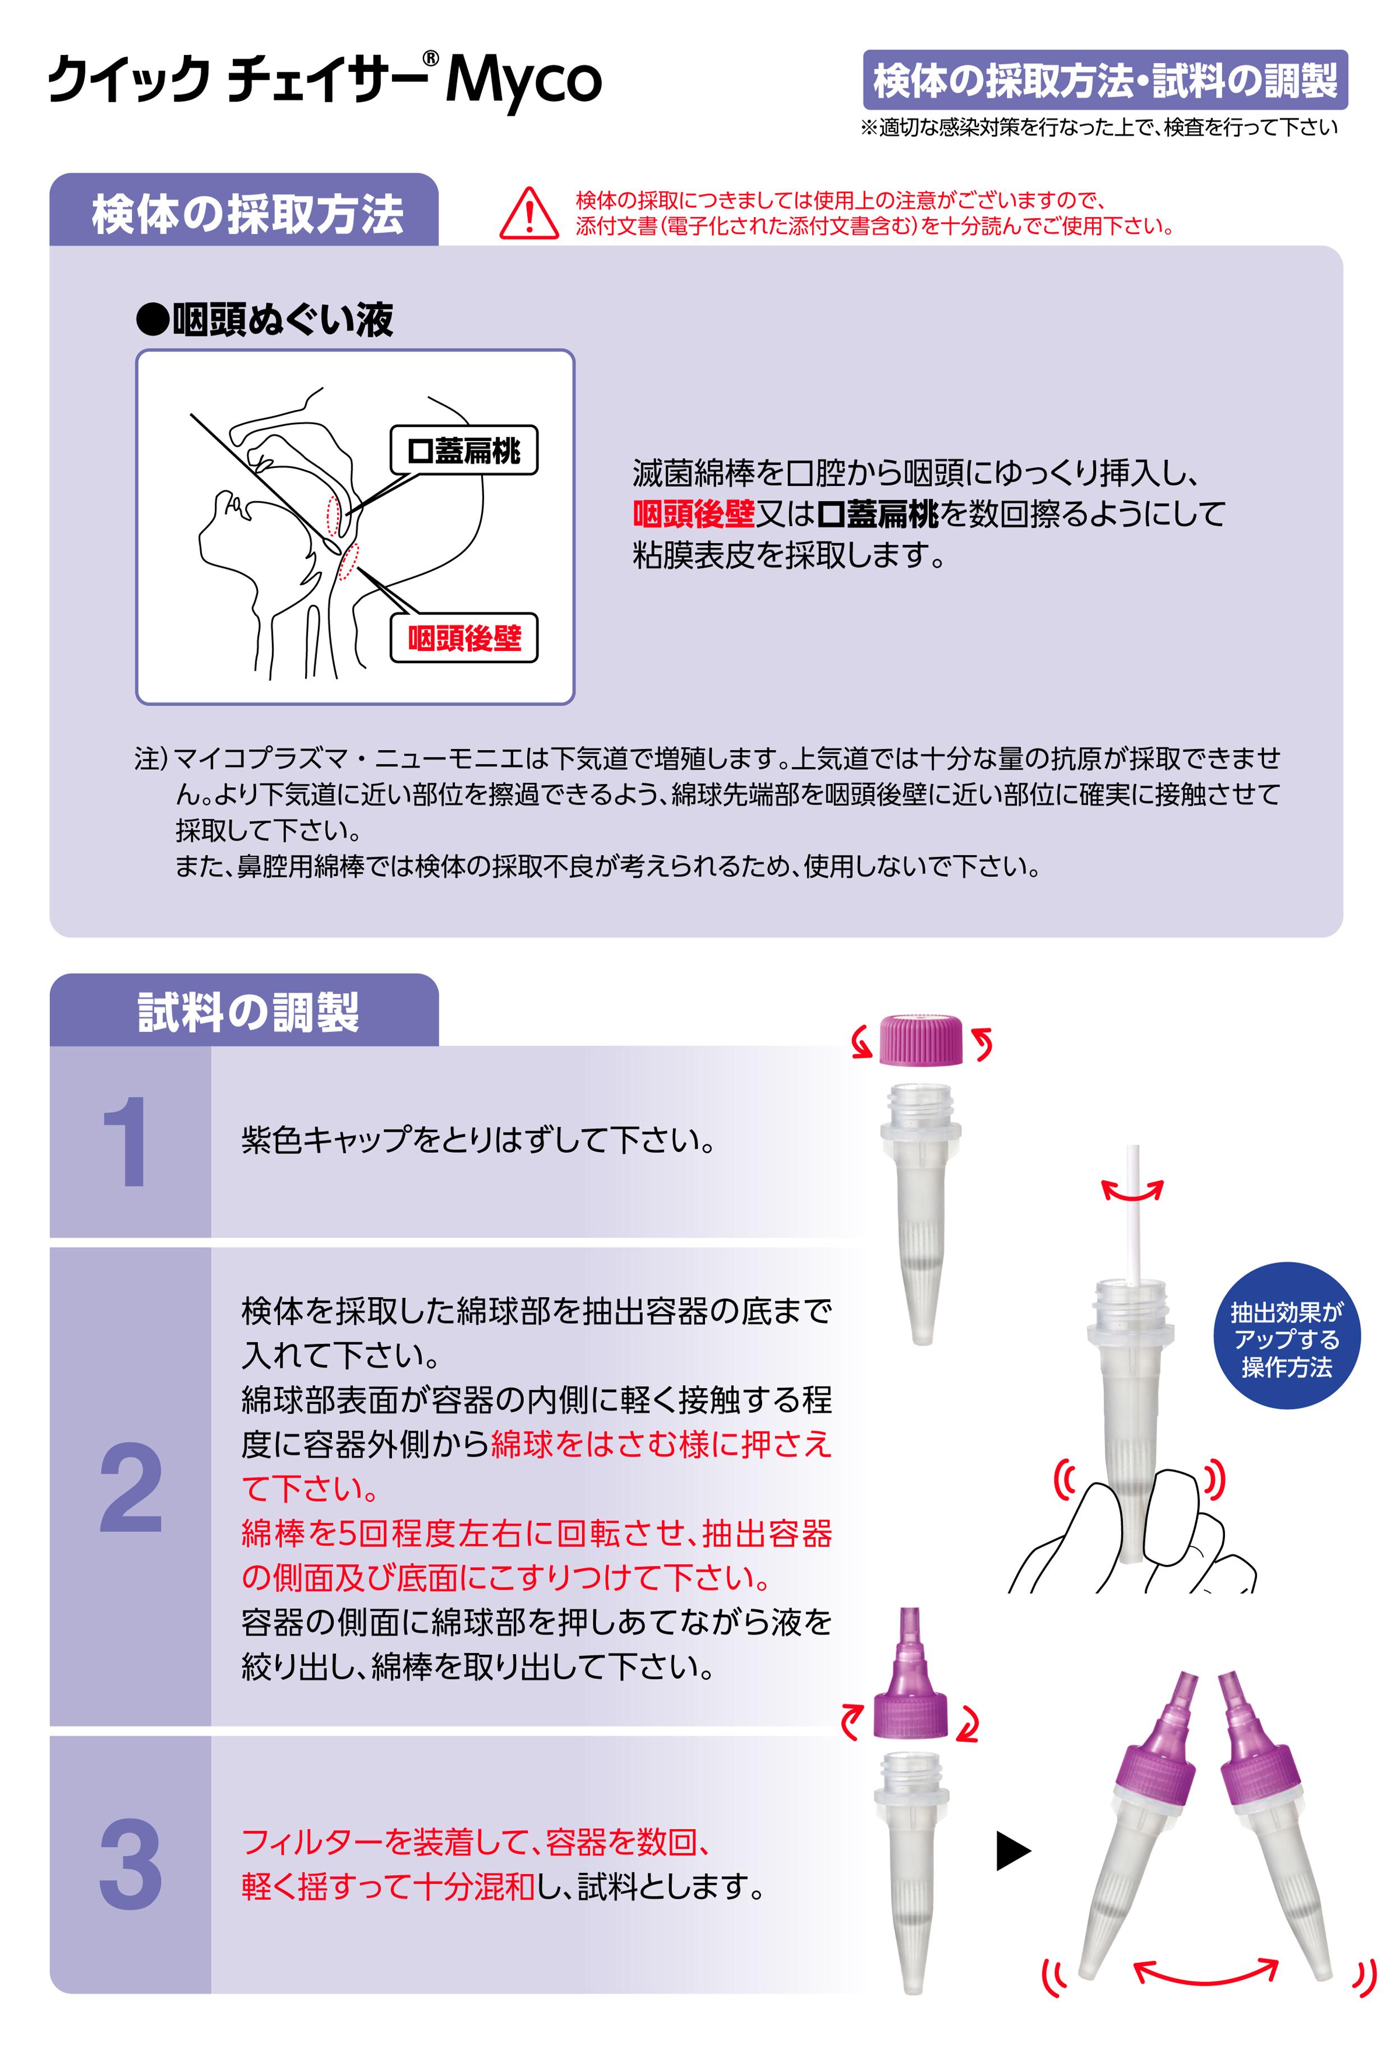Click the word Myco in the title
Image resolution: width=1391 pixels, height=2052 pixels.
tap(523, 81)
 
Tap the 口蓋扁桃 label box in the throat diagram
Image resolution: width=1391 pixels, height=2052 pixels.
tap(463, 451)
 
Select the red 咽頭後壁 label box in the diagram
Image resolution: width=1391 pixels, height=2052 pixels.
tap(463, 637)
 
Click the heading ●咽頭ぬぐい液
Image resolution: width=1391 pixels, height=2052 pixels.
tap(265, 320)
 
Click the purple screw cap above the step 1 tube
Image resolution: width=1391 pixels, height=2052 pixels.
tap(920, 1040)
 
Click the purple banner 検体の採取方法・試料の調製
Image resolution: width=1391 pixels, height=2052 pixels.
tap(1104, 80)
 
